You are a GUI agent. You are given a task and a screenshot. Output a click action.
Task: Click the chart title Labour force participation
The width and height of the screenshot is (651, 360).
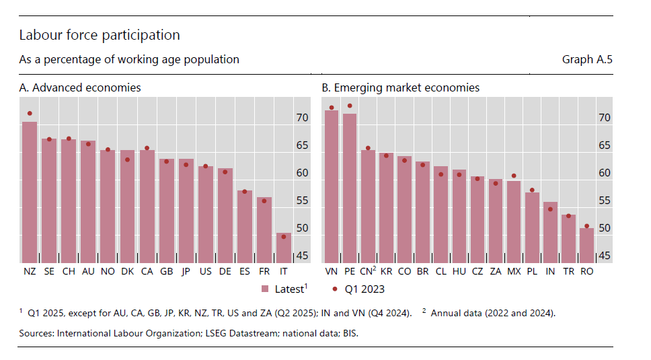point(100,35)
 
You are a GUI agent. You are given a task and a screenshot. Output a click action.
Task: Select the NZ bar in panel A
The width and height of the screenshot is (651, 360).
point(30,192)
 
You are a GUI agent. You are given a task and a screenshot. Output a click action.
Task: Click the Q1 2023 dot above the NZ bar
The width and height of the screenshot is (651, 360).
point(30,114)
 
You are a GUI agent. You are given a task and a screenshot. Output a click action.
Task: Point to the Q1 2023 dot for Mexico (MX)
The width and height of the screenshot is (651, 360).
point(514,176)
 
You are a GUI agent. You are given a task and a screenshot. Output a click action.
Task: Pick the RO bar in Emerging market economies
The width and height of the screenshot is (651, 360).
point(586,246)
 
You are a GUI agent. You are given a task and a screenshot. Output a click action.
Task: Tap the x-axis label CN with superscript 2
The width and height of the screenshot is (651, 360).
point(368,271)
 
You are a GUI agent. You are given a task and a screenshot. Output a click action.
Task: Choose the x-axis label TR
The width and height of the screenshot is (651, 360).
point(568,271)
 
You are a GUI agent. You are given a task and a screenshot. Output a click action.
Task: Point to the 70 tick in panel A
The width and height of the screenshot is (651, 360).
point(303,118)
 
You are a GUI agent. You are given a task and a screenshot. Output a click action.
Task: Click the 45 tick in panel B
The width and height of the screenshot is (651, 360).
point(605,256)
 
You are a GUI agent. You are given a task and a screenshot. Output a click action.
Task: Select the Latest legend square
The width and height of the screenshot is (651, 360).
point(265,289)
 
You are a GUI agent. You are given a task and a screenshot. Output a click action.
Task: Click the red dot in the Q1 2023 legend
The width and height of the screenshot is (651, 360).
point(335,289)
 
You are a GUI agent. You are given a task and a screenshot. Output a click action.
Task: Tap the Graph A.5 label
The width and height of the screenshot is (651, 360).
point(587,60)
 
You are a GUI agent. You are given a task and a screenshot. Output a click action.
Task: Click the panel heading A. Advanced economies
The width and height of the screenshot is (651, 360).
point(80,88)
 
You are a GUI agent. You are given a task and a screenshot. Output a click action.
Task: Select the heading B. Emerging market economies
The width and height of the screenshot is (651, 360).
point(400,88)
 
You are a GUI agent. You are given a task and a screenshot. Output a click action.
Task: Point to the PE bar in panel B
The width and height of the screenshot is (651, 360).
point(350,188)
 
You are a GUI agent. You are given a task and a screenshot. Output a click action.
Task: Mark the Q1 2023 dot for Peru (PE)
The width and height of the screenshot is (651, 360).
point(350,106)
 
